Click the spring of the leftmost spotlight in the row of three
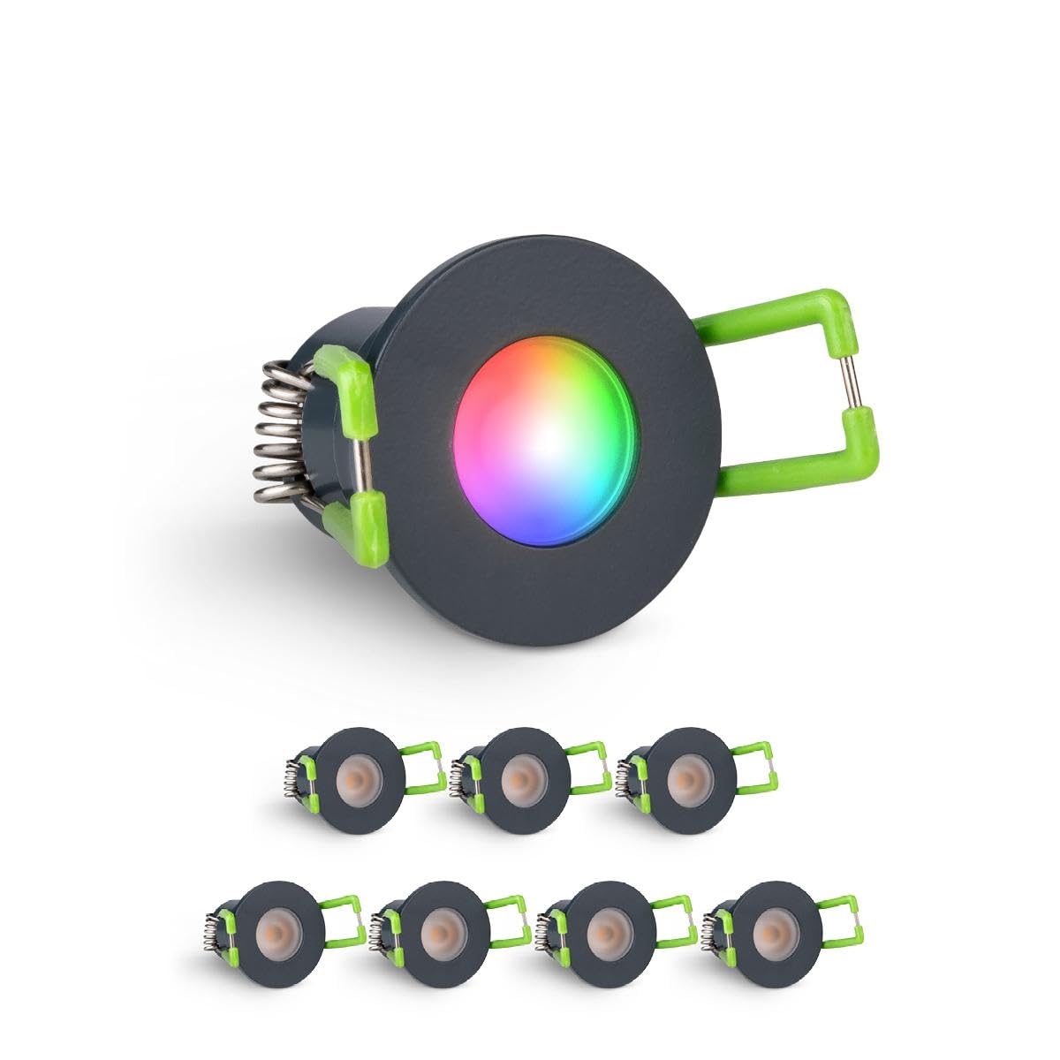[x=294, y=776]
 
